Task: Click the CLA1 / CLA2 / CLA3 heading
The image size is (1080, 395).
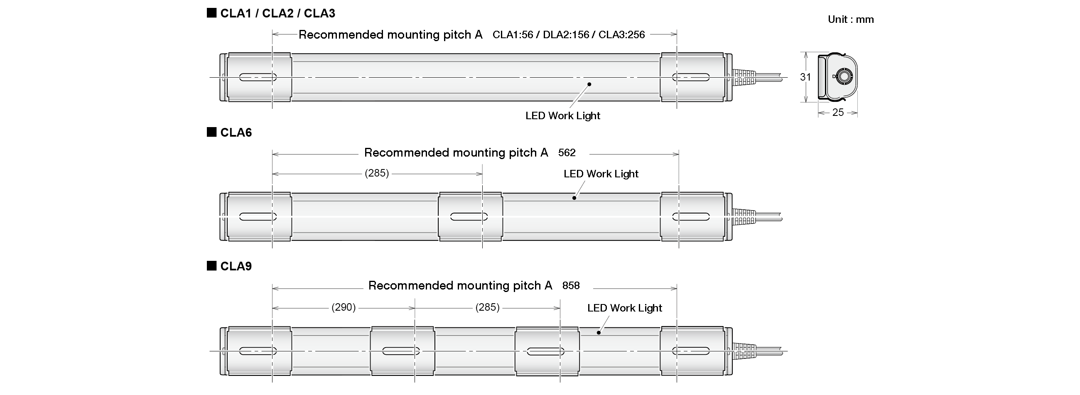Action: [x=277, y=13]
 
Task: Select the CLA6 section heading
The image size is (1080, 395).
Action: [x=236, y=132]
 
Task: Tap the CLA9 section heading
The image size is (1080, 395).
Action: [x=236, y=266]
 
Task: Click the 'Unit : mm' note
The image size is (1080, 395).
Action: [x=850, y=19]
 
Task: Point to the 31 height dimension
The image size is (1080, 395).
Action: [x=805, y=77]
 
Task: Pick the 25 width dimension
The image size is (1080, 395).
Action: [x=838, y=113]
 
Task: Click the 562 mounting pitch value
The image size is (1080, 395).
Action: [x=567, y=152]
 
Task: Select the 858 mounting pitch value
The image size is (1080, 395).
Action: [x=571, y=286]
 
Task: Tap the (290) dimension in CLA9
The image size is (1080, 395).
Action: [x=344, y=307]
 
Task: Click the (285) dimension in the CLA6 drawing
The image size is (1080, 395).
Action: [x=377, y=173]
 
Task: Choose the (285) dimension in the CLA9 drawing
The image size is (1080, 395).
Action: [x=487, y=307]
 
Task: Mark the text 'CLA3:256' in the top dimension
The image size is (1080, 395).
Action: [x=621, y=35]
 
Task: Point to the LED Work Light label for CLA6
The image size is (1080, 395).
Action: [x=600, y=174]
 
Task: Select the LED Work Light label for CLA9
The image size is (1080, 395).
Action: [x=624, y=308]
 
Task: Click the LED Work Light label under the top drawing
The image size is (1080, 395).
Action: [x=563, y=116]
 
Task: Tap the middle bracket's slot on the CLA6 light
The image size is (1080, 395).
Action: [x=469, y=217]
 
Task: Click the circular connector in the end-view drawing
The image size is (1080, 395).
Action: [x=843, y=77]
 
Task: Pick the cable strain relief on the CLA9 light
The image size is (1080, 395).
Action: [x=744, y=351]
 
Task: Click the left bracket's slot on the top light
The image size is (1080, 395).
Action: [x=258, y=77]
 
